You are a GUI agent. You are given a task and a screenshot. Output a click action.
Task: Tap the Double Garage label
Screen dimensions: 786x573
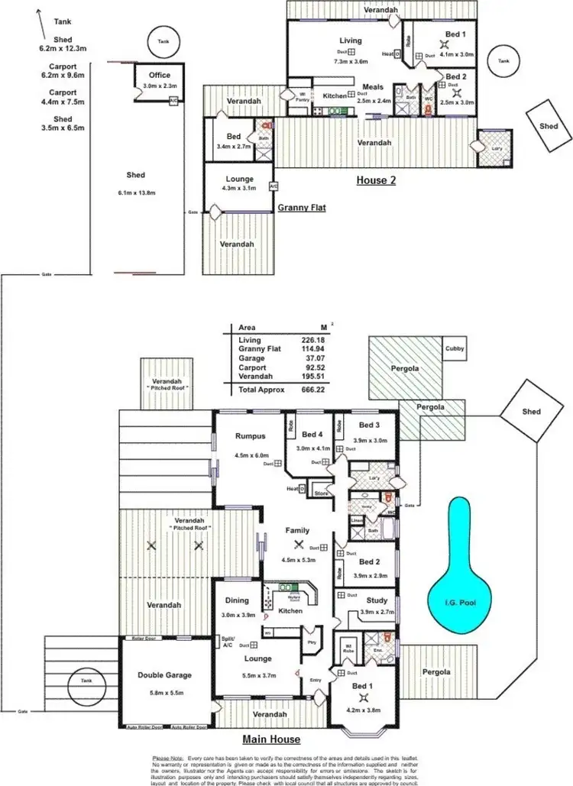click(x=164, y=674)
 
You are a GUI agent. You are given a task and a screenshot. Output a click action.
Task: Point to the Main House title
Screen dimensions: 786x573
click(x=271, y=739)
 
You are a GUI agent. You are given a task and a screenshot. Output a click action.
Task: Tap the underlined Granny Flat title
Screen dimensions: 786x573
click(x=302, y=207)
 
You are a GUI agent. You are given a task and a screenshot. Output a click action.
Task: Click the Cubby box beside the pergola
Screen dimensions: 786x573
click(x=454, y=350)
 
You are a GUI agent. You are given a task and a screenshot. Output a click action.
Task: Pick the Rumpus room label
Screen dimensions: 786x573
click(x=250, y=436)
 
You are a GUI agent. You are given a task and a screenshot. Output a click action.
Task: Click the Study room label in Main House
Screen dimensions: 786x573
click(x=377, y=601)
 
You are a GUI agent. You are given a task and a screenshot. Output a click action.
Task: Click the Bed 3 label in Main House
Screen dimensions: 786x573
click(x=368, y=425)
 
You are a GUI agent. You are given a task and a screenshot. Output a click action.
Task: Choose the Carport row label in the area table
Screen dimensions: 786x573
click(x=251, y=368)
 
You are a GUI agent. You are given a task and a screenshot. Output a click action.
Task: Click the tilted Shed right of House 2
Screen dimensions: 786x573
click(x=549, y=126)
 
